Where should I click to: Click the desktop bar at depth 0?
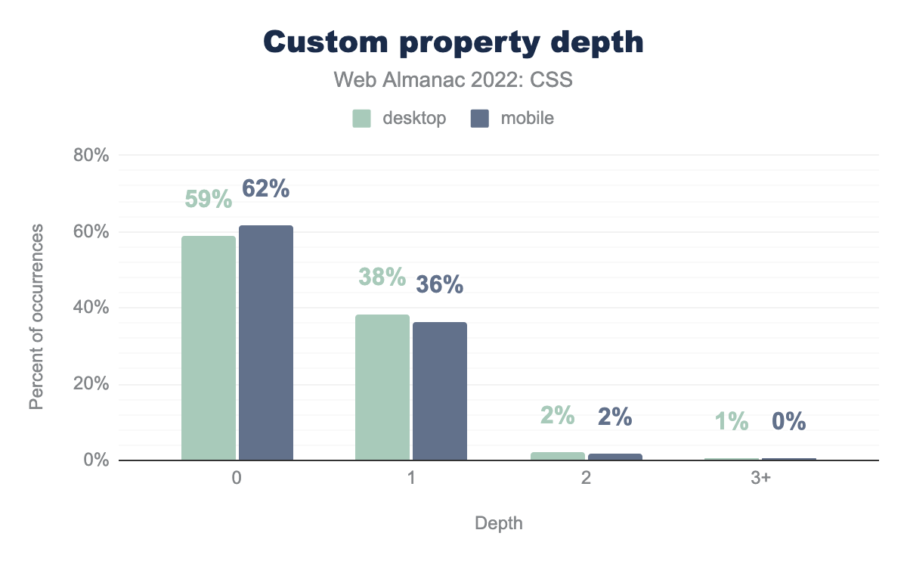pos(209,348)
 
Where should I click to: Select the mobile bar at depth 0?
pos(266,342)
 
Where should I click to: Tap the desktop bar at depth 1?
pos(382,387)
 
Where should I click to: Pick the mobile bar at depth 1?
pos(440,391)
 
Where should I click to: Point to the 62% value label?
pos(266,189)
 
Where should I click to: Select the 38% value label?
pos(382,277)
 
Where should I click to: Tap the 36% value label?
pos(440,284)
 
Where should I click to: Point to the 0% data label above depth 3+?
pos(788,421)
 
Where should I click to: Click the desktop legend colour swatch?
pos(362,119)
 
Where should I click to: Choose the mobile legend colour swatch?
pos(480,119)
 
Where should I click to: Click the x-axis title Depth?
pos(499,523)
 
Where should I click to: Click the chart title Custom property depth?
pos(453,42)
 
